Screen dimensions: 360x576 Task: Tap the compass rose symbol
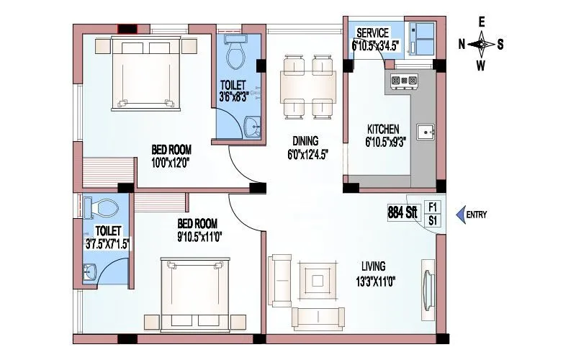[482, 45]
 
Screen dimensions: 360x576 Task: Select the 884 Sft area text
[402, 214]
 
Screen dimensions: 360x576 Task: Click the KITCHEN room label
[382, 130]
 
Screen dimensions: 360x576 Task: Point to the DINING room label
[305, 141]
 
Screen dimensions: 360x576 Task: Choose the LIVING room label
[374, 266]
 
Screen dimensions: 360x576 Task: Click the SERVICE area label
[372, 33]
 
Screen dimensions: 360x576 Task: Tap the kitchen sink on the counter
[426, 132]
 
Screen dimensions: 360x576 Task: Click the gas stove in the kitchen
[404, 81]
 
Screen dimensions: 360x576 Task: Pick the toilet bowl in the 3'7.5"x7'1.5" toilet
[101, 207]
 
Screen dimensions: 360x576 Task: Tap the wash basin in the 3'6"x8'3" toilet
[252, 127]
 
